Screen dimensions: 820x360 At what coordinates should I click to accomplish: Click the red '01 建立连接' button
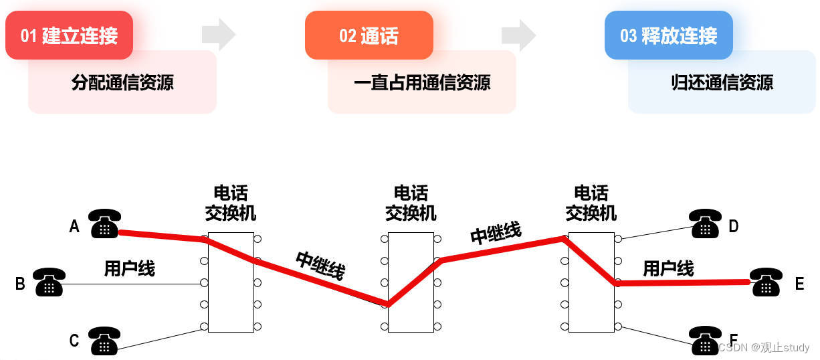(69, 35)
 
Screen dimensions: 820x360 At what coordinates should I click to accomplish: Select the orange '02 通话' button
(369, 35)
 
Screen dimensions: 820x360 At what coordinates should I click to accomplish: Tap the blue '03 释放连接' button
(668, 35)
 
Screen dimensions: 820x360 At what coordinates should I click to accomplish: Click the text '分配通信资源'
(122, 82)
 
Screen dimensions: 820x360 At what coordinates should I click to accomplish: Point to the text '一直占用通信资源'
(422, 82)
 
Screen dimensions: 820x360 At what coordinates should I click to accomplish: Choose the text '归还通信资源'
(722, 82)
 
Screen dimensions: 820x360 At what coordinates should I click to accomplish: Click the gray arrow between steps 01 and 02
(219, 35)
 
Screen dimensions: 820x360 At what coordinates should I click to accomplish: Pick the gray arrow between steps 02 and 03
(518, 35)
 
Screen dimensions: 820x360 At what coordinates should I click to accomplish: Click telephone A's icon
(105, 223)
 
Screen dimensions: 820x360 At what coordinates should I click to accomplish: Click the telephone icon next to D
(705, 223)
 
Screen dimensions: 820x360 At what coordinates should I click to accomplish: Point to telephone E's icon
(766, 282)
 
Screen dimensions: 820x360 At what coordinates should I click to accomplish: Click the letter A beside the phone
(75, 227)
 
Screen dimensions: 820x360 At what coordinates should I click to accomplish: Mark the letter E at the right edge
(799, 284)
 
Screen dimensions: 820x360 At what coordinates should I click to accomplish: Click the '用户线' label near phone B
(129, 268)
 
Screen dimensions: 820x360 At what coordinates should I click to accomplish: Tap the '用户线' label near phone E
(668, 268)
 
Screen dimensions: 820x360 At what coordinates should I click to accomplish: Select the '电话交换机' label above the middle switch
(411, 203)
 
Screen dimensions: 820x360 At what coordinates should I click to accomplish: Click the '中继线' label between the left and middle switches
(320, 265)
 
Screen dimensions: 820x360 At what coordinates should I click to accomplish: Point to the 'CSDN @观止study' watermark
(764, 347)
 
